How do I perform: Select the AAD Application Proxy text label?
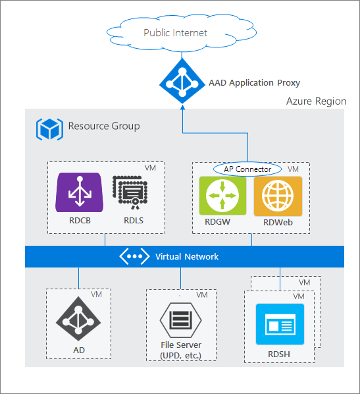254,83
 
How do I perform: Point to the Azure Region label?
316,101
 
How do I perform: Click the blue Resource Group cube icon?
49,127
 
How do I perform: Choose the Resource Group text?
104,126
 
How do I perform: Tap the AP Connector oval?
247,169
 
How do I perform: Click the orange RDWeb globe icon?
278,196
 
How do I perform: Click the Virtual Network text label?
187,256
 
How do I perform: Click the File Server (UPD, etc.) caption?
180,351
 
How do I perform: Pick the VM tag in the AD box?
96,294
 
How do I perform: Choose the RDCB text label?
79,221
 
